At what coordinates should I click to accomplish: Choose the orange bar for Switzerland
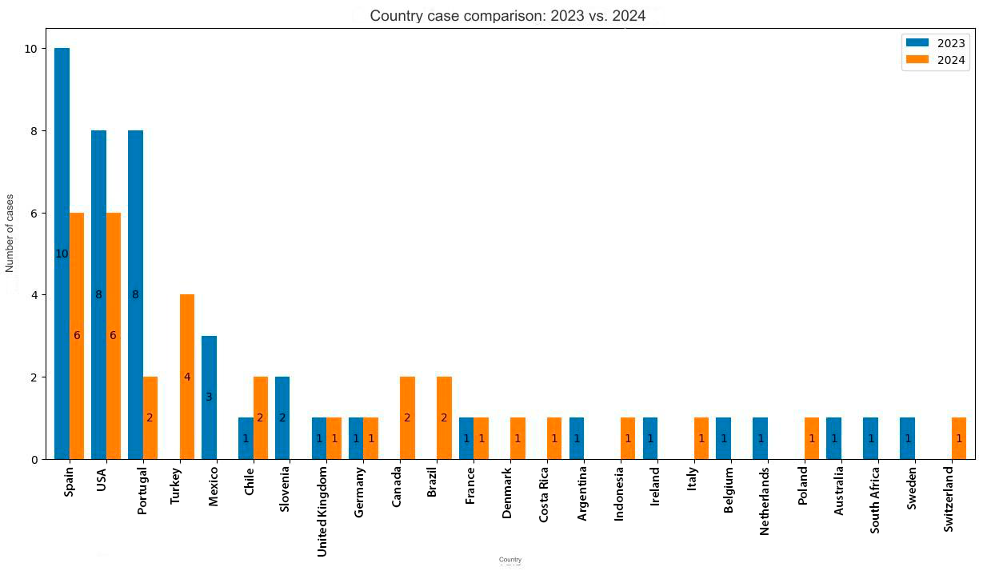pos(959,438)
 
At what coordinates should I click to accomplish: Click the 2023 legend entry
pos(936,43)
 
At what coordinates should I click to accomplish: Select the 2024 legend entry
pos(936,60)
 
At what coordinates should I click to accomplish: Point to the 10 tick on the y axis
pos(30,49)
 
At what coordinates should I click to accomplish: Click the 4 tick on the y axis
pos(34,295)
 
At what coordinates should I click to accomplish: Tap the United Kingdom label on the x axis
pos(322,512)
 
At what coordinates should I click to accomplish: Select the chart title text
pos(507,16)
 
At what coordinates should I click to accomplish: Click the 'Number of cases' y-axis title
pos(10,233)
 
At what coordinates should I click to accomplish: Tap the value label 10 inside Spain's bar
pos(62,254)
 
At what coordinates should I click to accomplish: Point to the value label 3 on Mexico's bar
pos(209,397)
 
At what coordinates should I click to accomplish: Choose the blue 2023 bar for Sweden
pos(907,438)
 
